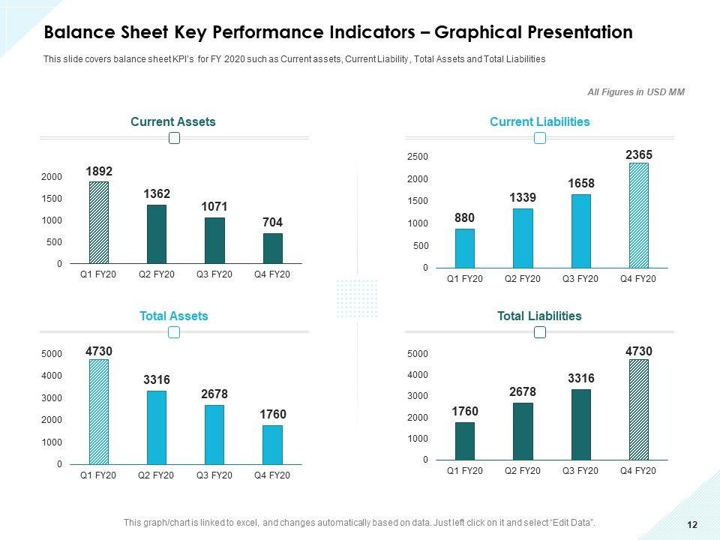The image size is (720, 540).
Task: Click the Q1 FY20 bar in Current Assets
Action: [x=99, y=223]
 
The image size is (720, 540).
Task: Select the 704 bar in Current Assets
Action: [x=273, y=248]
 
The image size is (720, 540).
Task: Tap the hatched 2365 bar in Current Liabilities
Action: [x=638, y=216]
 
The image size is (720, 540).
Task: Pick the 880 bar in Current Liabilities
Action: [x=465, y=248]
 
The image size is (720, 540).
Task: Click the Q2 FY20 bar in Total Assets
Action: [x=157, y=427]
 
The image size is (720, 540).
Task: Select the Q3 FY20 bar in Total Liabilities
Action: [x=581, y=424]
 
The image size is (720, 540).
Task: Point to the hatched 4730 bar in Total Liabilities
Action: [x=638, y=409]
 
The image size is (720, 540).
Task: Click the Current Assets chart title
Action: [x=173, y=121]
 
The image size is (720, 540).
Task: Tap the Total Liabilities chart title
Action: [x=539, y=316]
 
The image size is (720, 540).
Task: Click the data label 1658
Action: [x=581, y=184]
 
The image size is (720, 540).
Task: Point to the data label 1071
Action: [x=214, y=206]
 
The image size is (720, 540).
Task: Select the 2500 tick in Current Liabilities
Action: [x=418, y=157]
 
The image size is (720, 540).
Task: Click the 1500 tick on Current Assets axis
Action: [x=52, y=199]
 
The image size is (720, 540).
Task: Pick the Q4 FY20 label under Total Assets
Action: [x=271, y=476]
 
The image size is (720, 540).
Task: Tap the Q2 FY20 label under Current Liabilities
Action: [x=523, y=279]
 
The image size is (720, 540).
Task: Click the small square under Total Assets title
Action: [x=174, y=333]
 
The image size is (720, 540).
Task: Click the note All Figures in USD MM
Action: [x=636, y=92]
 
